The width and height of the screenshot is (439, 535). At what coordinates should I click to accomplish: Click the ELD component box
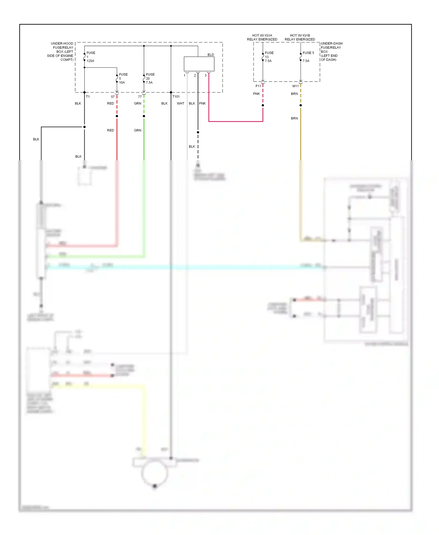click(199, 64)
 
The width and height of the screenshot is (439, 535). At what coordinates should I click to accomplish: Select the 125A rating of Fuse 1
click(90, 61)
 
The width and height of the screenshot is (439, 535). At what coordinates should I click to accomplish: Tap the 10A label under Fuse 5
click(122, 83)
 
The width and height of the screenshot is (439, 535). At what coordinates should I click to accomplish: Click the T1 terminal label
click(88, 97)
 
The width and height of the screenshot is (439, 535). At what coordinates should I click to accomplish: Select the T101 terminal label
click(176, 97)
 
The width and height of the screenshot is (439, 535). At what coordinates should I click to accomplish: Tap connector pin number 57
click(113, 97)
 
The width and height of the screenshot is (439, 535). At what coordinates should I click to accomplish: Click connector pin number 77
click(140, 97)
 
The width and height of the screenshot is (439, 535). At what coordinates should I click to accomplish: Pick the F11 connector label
click(258, 86)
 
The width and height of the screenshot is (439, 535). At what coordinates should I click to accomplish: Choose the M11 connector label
click(296, 86)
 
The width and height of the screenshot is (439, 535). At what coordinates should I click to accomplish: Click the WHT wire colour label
click(181, 103)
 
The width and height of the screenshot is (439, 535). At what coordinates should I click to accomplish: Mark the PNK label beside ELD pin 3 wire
click(202, 103)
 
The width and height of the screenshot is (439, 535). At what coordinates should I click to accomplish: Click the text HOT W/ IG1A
click(262, 35)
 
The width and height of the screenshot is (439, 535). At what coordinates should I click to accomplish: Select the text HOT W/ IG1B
click(300, 35)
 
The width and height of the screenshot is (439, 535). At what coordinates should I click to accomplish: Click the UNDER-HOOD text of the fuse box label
click(62, 43)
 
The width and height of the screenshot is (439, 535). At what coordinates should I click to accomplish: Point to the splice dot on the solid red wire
click(117, 116)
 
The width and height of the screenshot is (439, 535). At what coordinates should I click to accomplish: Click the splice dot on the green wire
click(144, 116)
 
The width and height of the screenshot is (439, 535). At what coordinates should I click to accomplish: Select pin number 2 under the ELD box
click(195, 76)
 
